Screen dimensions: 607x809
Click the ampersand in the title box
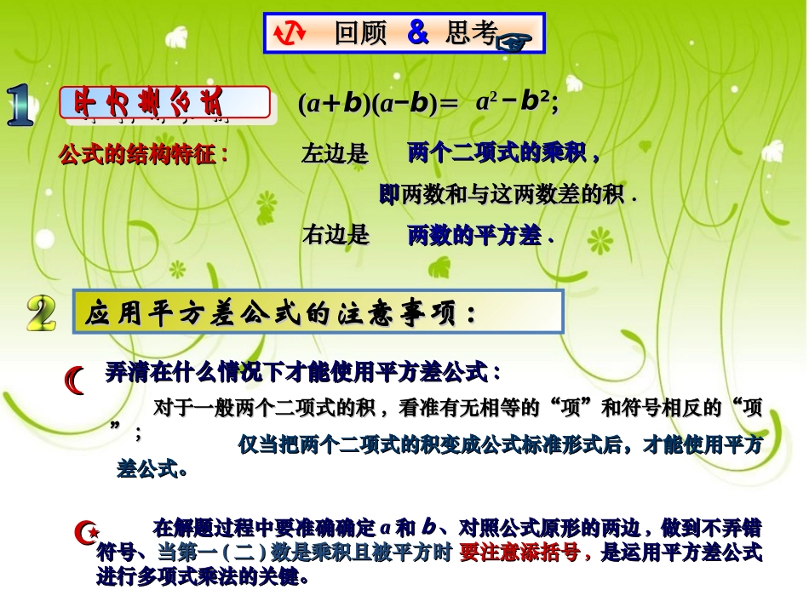(417, 32)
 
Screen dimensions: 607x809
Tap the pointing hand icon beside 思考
(513, 41)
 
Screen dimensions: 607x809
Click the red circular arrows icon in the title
(290, 32)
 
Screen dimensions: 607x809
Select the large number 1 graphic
(20, 106)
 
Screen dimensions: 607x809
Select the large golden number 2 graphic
(41, 313)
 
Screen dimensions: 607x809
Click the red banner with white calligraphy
(164, 103)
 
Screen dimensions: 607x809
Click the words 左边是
(335, 155)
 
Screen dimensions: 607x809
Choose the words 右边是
(336, 235)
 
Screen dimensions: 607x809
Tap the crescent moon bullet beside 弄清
(76, 380)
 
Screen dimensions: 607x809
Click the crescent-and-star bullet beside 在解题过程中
(86, 534)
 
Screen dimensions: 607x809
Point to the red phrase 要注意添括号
(525, 553)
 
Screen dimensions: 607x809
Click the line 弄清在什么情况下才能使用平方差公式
(303, 372)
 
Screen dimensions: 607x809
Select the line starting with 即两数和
(508, 196)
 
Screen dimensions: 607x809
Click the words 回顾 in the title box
(360, 33)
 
